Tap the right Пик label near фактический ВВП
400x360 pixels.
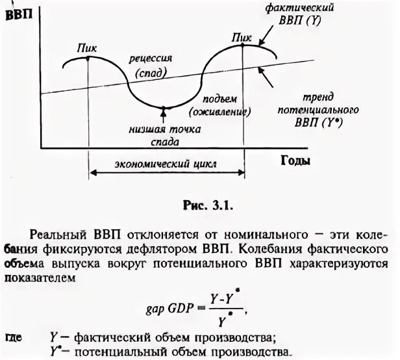pos(241,38)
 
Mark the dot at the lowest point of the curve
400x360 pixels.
pos(165,108)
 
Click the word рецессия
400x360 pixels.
pos(151,58)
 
